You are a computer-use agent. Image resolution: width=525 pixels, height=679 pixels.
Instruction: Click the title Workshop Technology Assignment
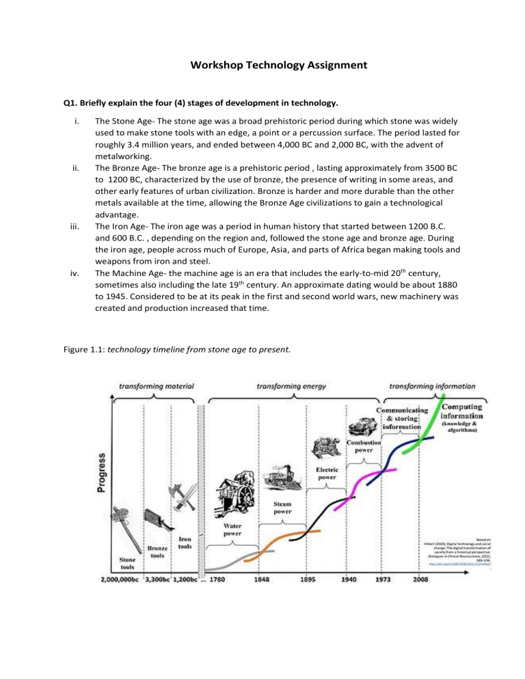262,66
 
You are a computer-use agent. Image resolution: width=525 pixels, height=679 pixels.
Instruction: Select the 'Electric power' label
326,473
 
